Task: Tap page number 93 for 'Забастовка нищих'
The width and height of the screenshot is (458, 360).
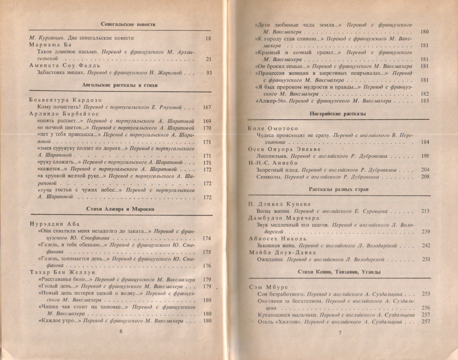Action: tap(208, 73)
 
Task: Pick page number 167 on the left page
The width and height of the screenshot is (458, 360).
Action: tap(207, 108)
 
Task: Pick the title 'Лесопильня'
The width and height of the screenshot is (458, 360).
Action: tap(273, 156)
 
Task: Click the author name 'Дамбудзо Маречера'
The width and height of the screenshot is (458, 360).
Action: tap(277, 217)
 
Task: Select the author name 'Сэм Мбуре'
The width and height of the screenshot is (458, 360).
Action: tap(268, 287)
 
